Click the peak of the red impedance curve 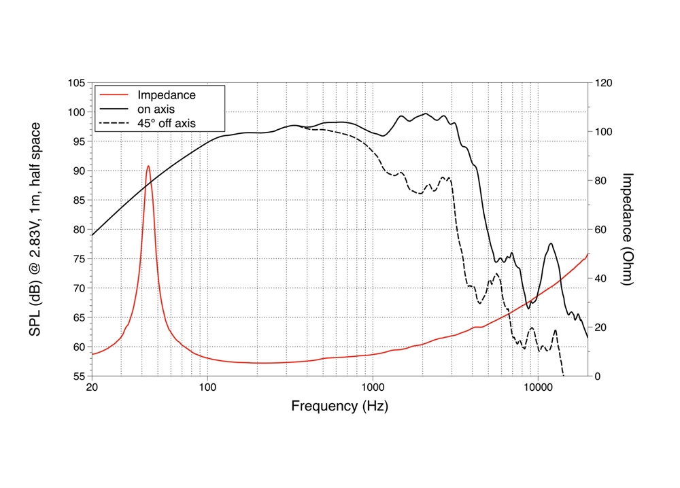coord(148,166)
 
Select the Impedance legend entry coord(166,95)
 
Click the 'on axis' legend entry coord(157,109)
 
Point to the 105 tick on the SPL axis coord(75,83)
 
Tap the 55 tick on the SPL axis coord(78,376)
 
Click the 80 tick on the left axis coord(78,230)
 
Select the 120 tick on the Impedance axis coord(603,83)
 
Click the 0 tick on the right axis coord(597,376)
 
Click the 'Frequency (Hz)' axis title coord(340,406)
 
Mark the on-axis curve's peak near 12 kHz coord(551,244)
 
